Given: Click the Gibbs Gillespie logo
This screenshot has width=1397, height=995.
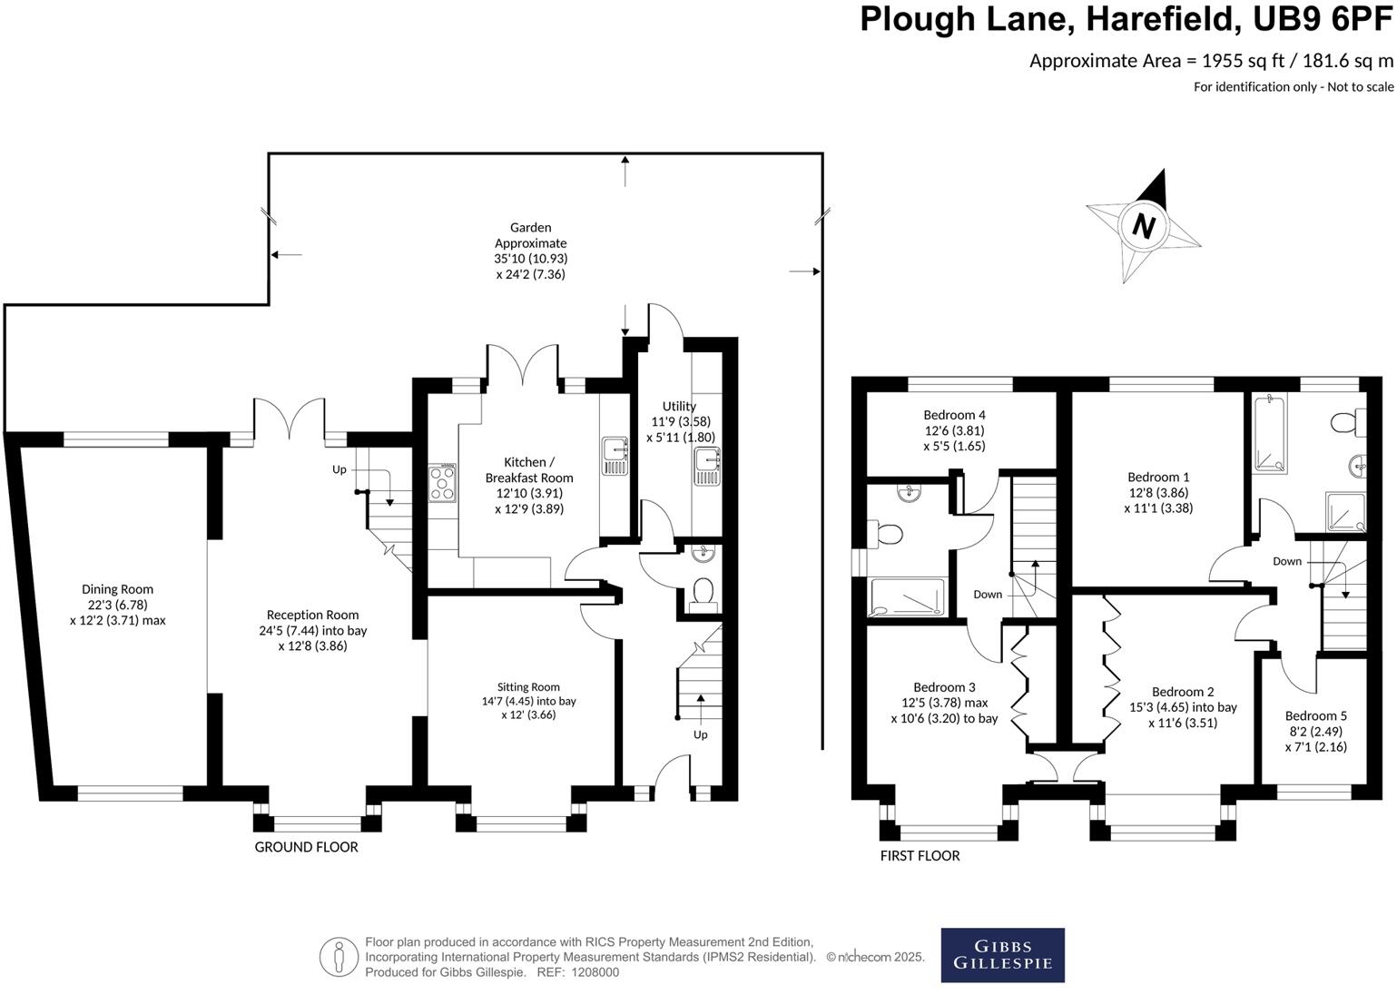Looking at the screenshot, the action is [x=1002, y=954].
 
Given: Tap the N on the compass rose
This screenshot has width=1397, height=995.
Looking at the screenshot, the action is [x=1143, y=226].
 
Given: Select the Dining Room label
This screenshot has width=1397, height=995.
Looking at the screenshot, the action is [x=118, y=605].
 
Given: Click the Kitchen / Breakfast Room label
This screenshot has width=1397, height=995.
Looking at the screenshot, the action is [x=529, y=486].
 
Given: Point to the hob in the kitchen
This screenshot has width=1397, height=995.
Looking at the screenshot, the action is [x=441, y=483].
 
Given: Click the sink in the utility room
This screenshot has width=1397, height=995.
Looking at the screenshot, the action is [x=706, y=466].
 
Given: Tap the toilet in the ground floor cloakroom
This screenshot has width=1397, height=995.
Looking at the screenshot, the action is [x=703, y=596].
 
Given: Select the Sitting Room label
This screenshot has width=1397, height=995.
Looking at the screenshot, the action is [x=528, y=701].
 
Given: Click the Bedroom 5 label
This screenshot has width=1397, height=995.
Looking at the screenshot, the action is [x=1316, y=731].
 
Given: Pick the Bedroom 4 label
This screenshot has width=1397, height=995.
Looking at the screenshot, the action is [x=954, y=430].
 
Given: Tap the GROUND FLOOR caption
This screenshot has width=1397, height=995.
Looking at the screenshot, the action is [x=306, y=847].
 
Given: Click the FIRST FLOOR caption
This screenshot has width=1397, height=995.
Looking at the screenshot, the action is [x=920, y=856].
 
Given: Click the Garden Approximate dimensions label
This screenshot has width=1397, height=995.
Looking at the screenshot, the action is [x=531, y=251].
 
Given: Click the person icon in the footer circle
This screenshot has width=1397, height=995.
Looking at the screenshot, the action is [x=339, y=957].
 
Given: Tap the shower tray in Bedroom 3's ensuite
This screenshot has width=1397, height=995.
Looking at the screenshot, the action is [x=908, y=597].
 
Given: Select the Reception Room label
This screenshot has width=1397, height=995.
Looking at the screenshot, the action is [x=312, y=630].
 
